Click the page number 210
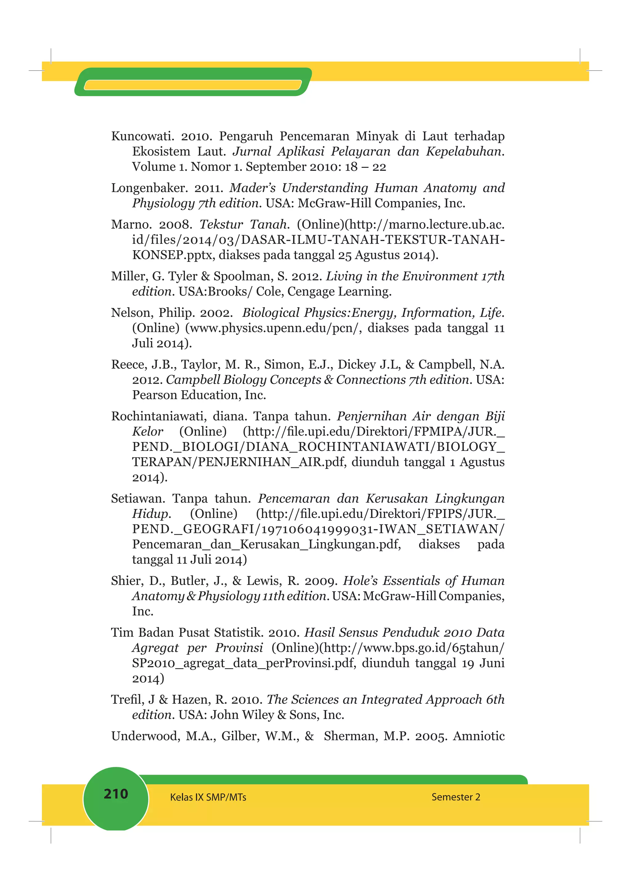116,793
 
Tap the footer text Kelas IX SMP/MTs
208,797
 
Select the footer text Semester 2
456,797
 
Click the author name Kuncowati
142,136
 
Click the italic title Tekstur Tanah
244,225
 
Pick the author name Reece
128,364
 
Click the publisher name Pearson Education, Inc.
199,395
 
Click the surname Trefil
127,700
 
